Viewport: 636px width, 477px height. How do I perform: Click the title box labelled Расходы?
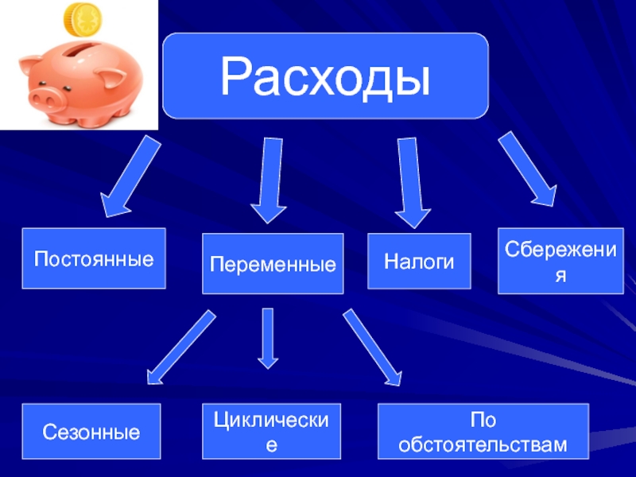coord(325,76)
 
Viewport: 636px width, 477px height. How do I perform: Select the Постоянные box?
coord(94,258)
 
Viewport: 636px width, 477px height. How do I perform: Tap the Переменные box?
coord(273,263)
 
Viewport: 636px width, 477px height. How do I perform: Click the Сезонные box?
coord(91,432)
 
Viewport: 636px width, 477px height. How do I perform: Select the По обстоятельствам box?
coord(483,432)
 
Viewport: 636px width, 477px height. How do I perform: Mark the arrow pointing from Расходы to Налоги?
coord(411,180)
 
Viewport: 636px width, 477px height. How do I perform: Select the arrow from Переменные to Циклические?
coord(268,339)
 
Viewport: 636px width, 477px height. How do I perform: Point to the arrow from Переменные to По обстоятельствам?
coord(372,347)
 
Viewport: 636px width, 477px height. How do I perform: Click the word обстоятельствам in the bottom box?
coord(483,444)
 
